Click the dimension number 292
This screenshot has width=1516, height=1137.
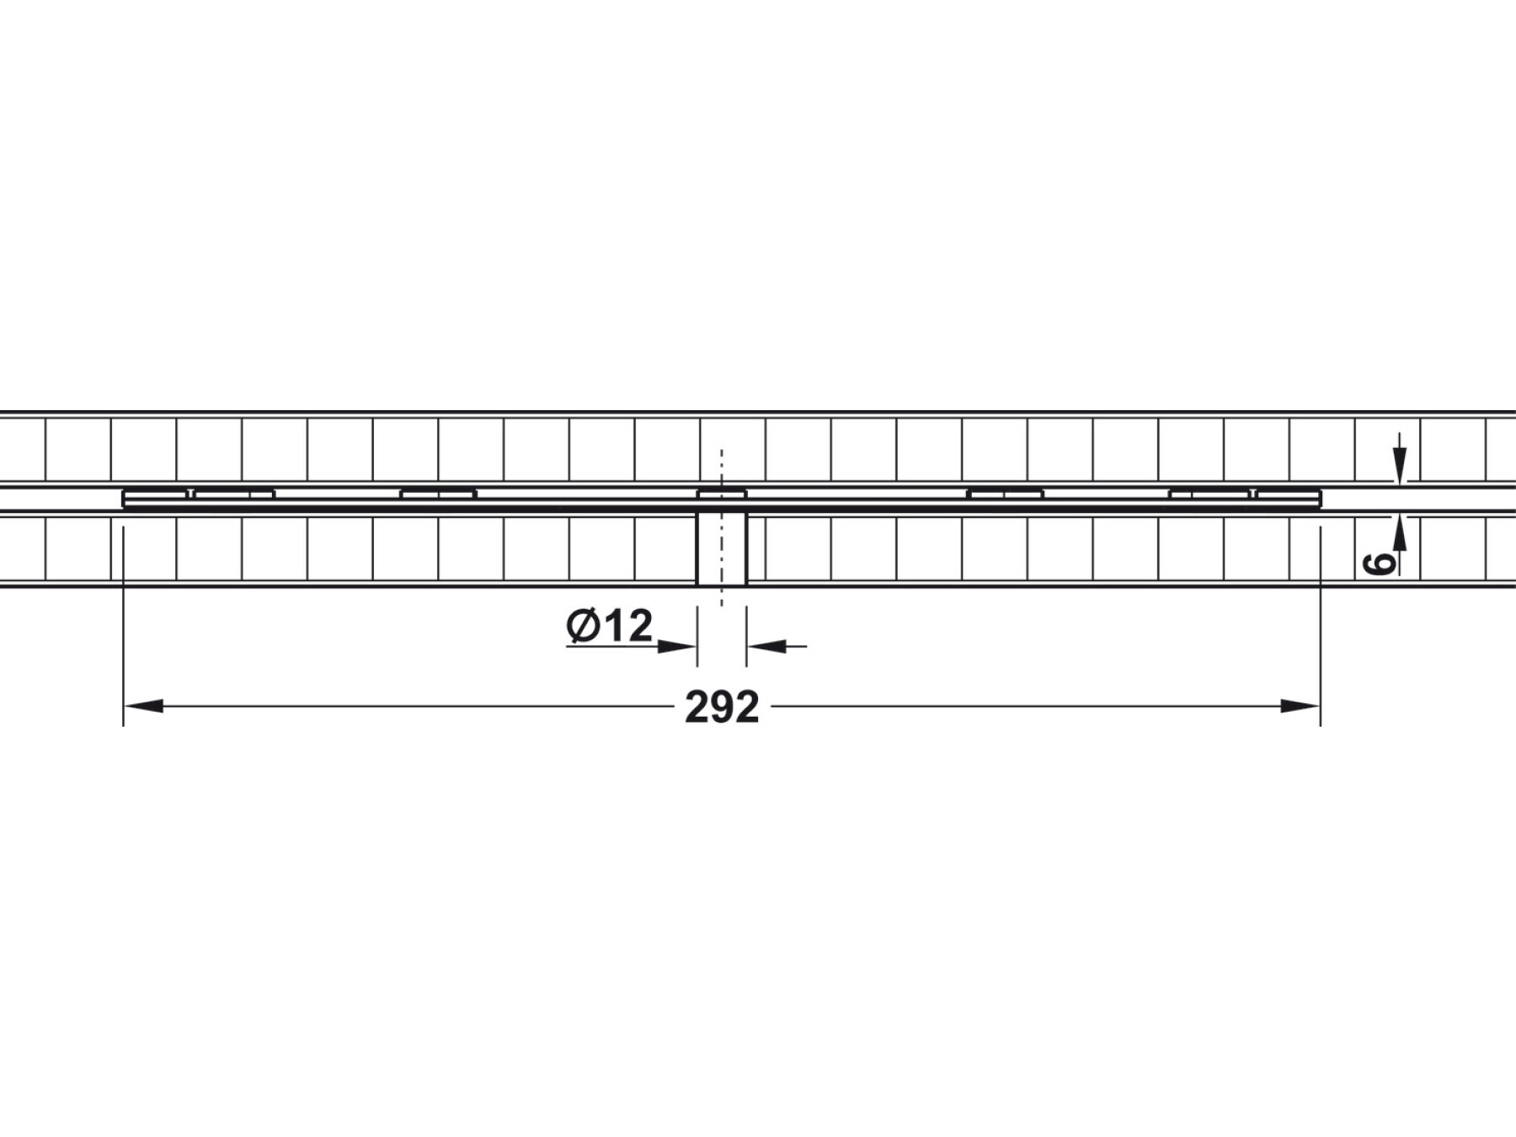722,707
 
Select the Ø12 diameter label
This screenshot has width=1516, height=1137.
610,626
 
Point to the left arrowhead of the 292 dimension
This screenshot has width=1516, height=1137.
143,706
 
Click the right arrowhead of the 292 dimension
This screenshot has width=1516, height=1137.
1300,706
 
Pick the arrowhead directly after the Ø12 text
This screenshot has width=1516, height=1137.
676,647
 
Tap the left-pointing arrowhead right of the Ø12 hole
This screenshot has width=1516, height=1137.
766,647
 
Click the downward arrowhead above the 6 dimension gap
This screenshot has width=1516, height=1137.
1399,466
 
